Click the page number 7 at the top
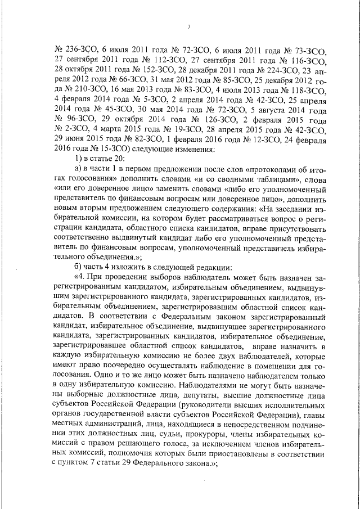point(188,26)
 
